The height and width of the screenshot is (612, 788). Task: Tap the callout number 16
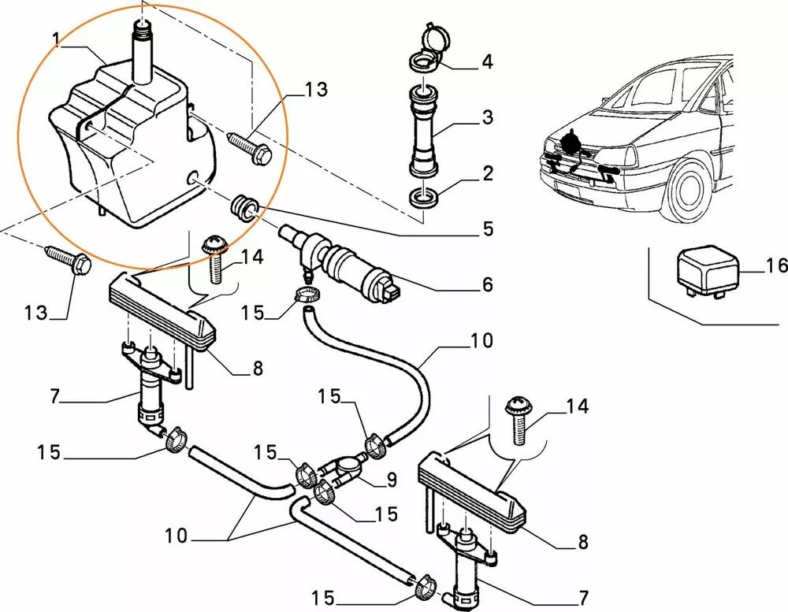(776, 267)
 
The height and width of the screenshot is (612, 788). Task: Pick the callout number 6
(487, 284)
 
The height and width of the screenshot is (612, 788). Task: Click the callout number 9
(392, 478)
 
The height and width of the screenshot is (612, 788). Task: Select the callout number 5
(488, 229)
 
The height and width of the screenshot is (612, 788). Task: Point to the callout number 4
(487, 61)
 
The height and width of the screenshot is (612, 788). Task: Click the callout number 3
(487, 118)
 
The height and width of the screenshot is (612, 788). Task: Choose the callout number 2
(487, 173)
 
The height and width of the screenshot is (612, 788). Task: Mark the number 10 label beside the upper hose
(481, 341)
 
